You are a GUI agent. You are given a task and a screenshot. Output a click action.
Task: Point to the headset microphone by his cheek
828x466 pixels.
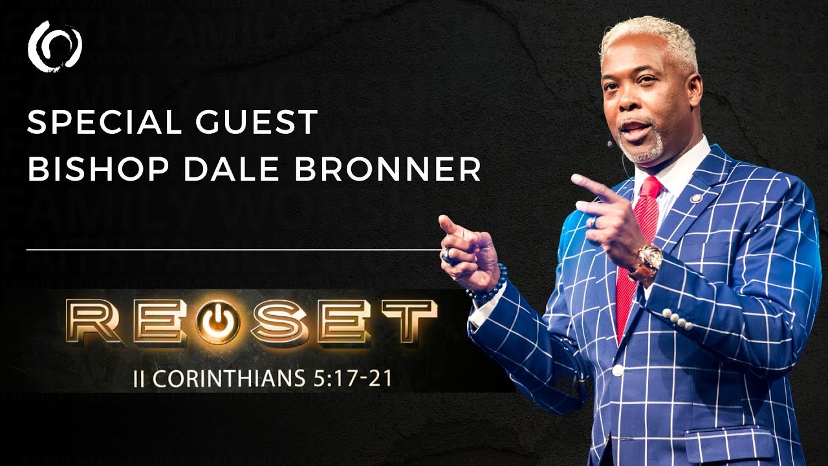click(x=610, y=144)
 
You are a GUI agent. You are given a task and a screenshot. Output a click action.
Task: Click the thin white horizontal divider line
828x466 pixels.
click(x=233, y=249)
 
